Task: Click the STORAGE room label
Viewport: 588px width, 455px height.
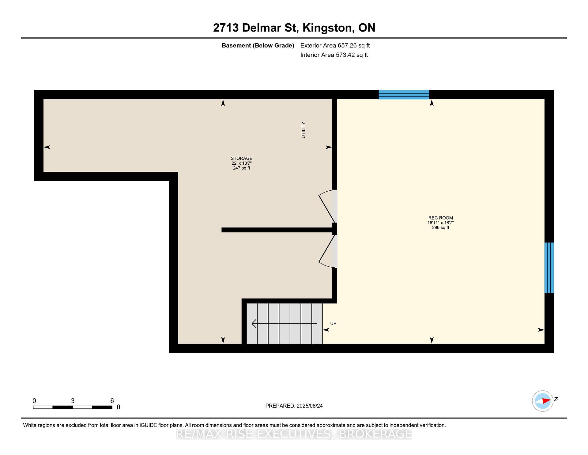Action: click(x=242, y=159)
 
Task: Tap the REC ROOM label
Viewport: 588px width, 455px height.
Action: click(x=440, y=218)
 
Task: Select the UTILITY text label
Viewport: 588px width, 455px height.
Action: click(x=303, y=130)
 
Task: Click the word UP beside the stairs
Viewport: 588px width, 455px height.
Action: click(x=333, y=323)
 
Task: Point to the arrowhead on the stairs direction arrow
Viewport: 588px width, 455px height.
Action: click(x=254, y=323)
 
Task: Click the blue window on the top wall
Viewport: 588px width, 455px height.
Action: click(x=404, y=95)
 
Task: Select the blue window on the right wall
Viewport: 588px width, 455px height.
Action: click(x=549, y=268)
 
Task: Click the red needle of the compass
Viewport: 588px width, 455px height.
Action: click(x=546, y=400)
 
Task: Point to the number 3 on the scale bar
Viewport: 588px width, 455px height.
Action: click(x=73, y=401)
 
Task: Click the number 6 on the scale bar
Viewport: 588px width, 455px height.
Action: click(x=112, y=401)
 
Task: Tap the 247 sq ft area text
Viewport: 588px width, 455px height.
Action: click(x=242, y=168)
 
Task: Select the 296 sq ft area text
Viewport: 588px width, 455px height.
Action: click(x=440, y=227)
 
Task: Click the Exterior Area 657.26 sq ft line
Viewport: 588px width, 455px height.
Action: click(x=335, y=45)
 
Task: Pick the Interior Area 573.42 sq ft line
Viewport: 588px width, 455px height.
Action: click(x=334, y=55)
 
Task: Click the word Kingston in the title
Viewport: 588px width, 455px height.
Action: click(x=327, y=28)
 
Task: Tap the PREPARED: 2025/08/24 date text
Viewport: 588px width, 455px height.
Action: click(x=294, y=406)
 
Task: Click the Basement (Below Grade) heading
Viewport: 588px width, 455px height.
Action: click(x=258, y=45)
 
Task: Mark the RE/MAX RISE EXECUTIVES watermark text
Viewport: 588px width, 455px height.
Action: click(x=294, y=434)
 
